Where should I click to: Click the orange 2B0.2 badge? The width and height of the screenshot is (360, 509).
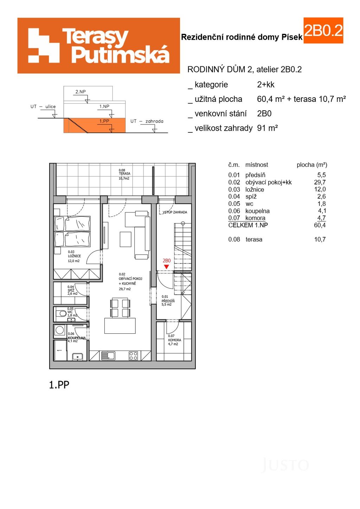tap(323, 31)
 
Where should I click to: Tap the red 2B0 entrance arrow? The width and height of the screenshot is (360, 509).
tap(167, 267)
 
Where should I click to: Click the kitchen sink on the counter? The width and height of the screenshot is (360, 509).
tap(108, 355)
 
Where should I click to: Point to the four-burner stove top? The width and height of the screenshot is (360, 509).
tap(133, 355)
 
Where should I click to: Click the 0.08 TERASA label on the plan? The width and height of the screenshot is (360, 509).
tap(124, 174)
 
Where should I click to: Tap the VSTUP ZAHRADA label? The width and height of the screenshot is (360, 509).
tap(175, 212)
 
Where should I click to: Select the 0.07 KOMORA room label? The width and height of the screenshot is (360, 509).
tap(174, 340)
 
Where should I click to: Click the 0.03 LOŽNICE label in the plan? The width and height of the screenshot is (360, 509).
tap(75, 256)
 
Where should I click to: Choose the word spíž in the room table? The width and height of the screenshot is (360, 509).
tap(251, 197)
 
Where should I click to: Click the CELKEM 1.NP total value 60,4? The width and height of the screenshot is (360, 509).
tap(320, 225)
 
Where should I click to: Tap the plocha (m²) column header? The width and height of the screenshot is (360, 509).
tap(312, 165)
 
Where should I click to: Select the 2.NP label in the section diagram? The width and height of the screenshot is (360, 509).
tap(81, 92)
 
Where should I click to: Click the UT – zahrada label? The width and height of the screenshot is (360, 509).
tap(147, 121)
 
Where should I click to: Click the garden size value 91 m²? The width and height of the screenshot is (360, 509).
tap(268, 128)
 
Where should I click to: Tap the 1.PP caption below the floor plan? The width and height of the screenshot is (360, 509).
tap(59, 385)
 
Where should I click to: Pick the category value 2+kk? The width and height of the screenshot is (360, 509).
tap(266, 85)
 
